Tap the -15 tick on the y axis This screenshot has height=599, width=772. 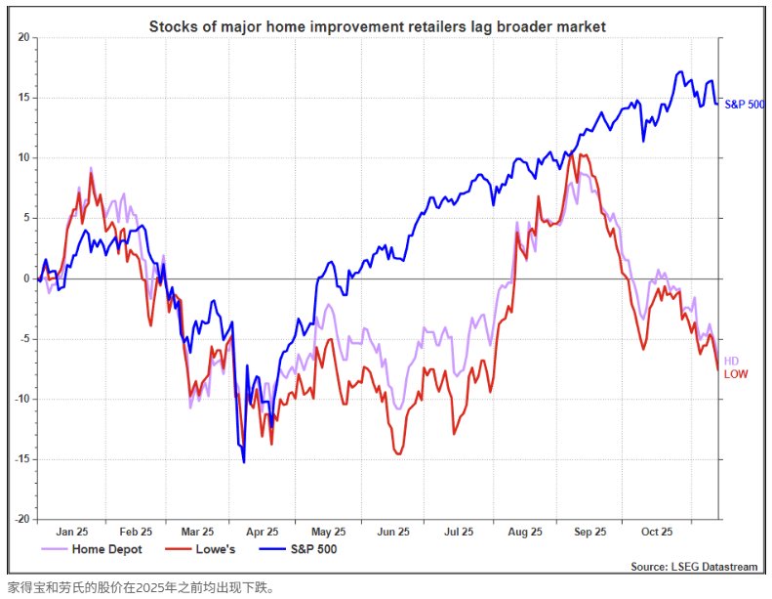[21, 459]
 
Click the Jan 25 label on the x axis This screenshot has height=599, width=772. [72, 533]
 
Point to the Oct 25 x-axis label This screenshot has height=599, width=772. [656, 533]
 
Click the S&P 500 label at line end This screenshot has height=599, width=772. [745, 104]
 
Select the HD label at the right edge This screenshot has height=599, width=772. [731, 362]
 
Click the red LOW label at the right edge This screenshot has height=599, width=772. [736, 374]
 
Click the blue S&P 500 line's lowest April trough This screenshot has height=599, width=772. [243, 461]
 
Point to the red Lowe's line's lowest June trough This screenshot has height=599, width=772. [398, 453]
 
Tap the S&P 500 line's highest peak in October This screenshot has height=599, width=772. [679, 72]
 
